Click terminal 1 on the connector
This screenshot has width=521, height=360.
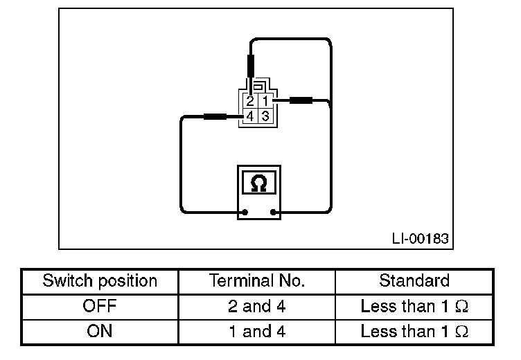tap(265, 102)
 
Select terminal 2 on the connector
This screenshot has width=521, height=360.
tap(250, 102)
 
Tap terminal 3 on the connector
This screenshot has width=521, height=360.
tap(265, 116)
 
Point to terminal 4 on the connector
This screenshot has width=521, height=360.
tap(250, 116)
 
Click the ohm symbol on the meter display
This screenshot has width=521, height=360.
tap(258, 183)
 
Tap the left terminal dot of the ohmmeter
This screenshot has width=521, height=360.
tap(243, 213)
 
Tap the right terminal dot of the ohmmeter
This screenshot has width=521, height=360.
tap(274, 213)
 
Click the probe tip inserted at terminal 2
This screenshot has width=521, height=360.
tap(250, 69)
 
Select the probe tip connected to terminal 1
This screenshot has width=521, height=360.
tap(300, 101)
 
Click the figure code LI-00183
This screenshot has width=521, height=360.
tap(420, 240)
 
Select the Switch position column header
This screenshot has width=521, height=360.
tap(100, 281)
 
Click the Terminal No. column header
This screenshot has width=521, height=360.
tap(257, 281)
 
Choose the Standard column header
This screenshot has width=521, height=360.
tap(414, 281)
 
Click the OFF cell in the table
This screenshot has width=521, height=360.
tap(100, 306)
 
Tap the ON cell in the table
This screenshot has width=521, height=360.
tap(100, 331)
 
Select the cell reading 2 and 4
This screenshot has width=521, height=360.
tap(257, 306)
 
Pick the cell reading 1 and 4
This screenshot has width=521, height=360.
tap(257, 331)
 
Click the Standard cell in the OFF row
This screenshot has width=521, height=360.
tap(414, 306)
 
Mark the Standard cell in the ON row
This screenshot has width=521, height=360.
tap(414, 331)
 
